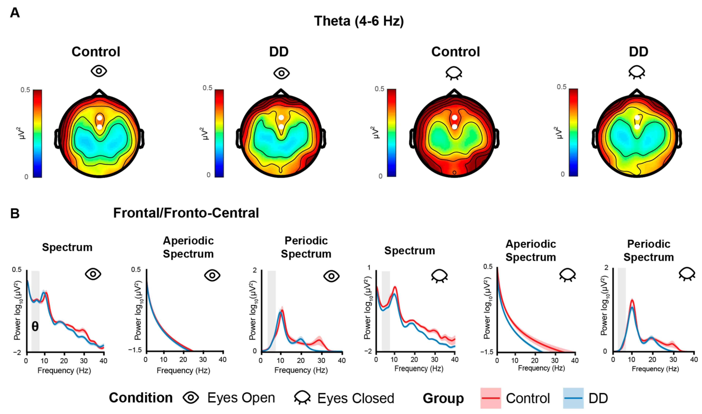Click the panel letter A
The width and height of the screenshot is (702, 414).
click(15, 13)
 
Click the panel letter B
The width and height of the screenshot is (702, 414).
click(15, 214)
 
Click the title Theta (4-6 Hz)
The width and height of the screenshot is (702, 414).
click(359, 21)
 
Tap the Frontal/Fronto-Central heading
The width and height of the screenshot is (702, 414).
click(186, 213)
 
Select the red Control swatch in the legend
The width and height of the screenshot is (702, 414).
click(491, 398)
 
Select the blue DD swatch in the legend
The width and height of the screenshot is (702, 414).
click(573, 398)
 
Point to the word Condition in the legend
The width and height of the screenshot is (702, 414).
click(141, 398)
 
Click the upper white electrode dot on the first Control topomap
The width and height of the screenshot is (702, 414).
click(100, 118)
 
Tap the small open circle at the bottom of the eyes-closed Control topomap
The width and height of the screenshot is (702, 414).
click(454, 173)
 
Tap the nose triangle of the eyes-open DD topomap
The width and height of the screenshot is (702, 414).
click(281, 93)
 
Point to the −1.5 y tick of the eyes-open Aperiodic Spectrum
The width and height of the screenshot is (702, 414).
click(135, 350)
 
